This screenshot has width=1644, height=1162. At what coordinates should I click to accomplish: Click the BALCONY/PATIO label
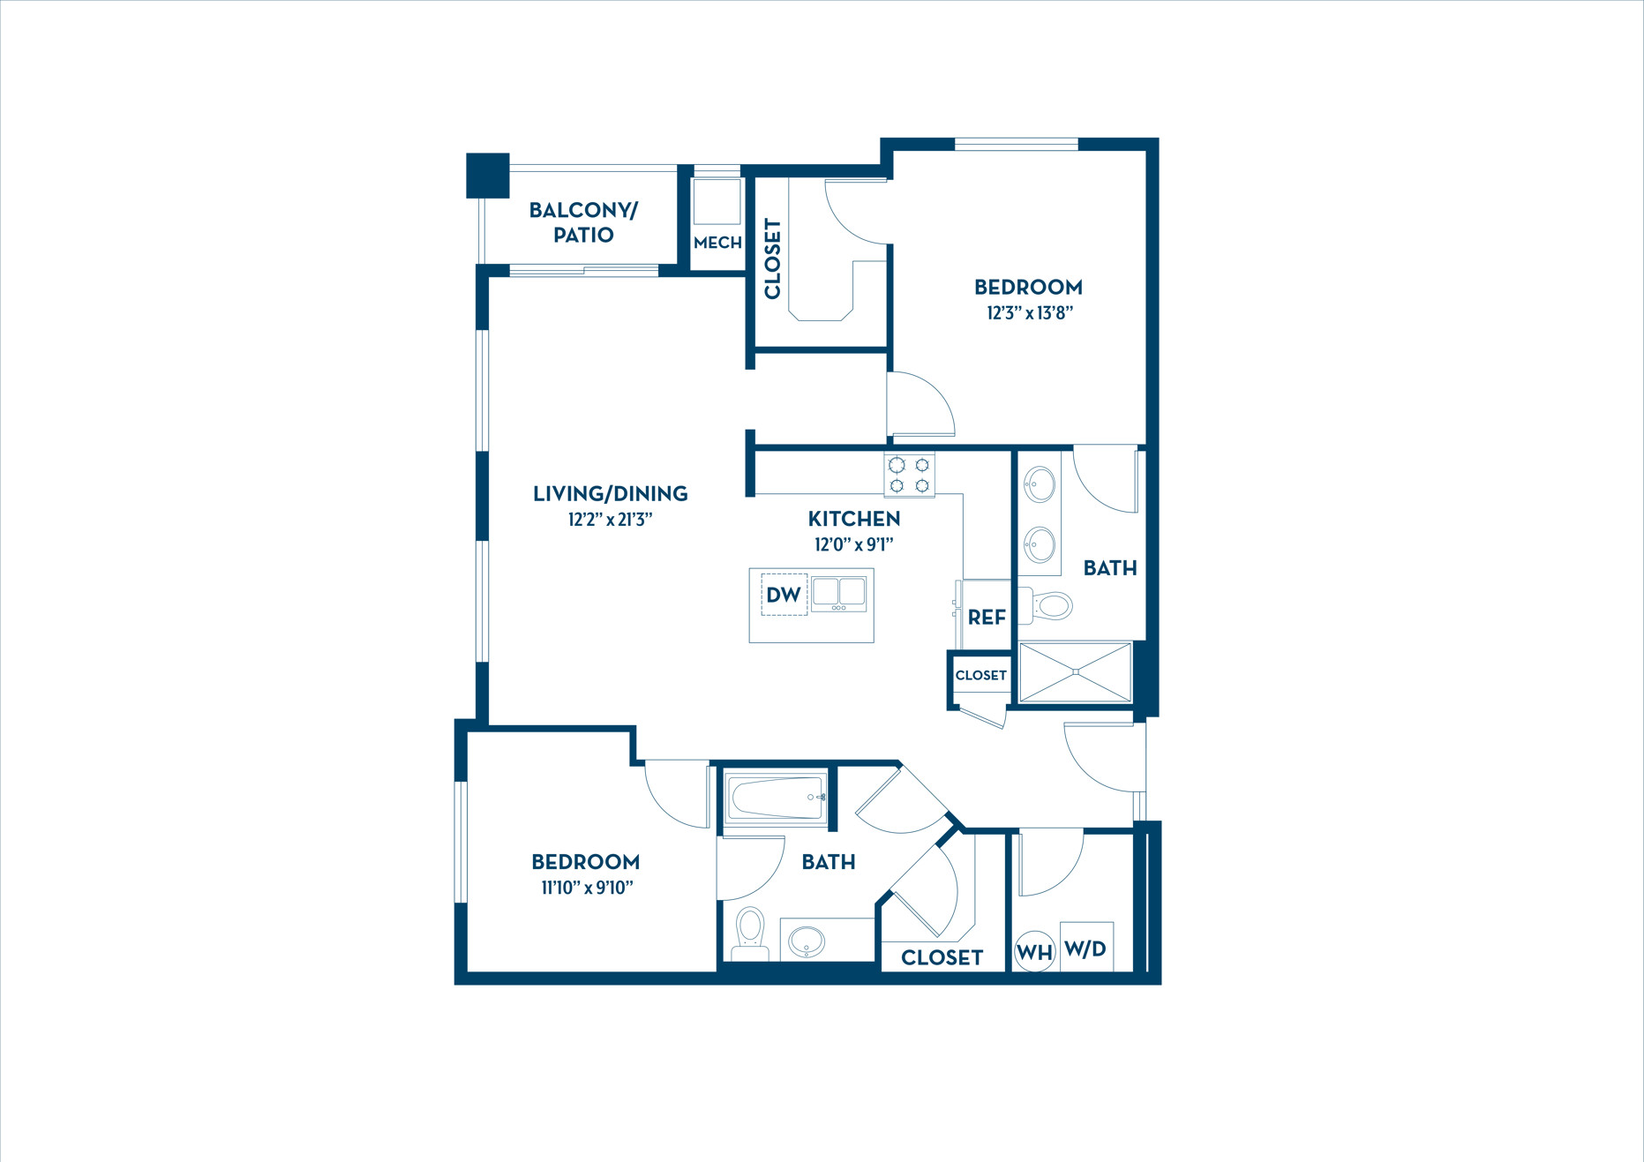tap(582, 222)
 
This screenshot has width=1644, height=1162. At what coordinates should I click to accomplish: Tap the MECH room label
tap(717, 243)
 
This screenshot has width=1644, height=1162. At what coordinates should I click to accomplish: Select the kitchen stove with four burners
tap(909, 476)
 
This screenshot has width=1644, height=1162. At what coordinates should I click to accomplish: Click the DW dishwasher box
tap(784, 595)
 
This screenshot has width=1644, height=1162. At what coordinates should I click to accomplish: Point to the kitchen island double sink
tap(838, 594)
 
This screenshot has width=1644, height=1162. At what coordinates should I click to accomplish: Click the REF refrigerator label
tap(987, 618)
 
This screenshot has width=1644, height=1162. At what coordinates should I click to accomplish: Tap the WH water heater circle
tap(1034, 952)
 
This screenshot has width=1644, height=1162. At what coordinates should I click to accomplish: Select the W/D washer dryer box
tap(1085, 948)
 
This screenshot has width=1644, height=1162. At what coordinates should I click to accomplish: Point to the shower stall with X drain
tap(1075, 672)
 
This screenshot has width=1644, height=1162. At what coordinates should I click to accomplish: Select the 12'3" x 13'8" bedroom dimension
tap(1029, 312)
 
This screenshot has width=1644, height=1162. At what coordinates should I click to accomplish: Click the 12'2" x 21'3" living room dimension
tap(610, 519)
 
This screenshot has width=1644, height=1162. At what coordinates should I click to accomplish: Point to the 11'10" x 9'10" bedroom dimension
tap(587, 888)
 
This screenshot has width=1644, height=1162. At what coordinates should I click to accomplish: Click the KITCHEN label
tap(854, 519)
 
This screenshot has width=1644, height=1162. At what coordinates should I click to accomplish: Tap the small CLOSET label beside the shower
tap(980, 675)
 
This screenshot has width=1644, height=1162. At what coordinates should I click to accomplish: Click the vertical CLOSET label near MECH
tap(772, 259)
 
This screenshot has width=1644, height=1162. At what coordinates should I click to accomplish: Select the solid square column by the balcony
tap(487, 175)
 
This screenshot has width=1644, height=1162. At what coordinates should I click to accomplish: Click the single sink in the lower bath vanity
tap(806, 941)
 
